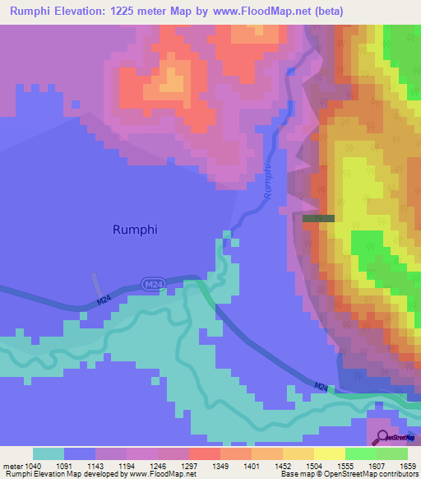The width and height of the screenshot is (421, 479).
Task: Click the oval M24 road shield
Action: pyautogui.click(x=150, y=284)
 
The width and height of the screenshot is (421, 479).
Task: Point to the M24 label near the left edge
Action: pyautogui.click(x=101, y=302)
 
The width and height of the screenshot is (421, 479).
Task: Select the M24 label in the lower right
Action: pyautogui.click(x=322, y=386)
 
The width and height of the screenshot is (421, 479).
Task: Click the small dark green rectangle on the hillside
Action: pyautogui.click(x=318, y=218)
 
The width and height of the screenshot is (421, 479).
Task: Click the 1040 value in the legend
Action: pyautogui.click(x=31, y=465)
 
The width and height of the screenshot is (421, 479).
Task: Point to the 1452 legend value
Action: pyautogui.click(x=282, y=465)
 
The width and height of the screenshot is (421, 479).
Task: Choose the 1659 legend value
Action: pyautogui.click(x=407, y=465)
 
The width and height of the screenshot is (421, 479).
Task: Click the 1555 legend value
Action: pyautogui.click(x=345, y=465)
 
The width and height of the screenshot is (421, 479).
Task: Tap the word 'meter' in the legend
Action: pyautogui.click(x=12, y=465)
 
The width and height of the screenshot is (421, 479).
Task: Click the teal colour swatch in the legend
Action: pyautogui.click(x=49, y=453)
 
